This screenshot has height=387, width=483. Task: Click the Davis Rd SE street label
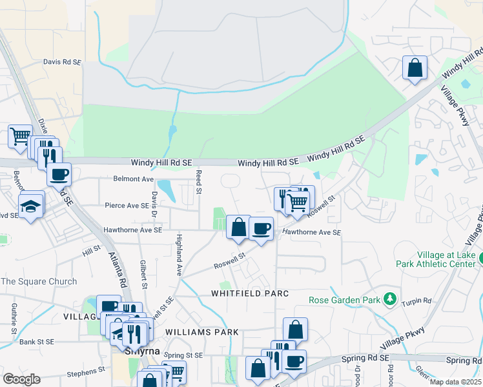(x=62, y=62)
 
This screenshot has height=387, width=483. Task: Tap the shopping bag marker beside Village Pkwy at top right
(x=415, y=68)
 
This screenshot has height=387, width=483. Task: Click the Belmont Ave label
(x=134, y=179)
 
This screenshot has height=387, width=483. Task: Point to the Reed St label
(x=200, y=181)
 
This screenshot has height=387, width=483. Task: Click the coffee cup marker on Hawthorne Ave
(x=261, y=228)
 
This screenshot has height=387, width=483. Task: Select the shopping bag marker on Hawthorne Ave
(x=238, y=227)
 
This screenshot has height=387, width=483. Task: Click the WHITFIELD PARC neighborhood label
(x=249, y=293)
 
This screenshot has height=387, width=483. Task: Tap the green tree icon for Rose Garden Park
(x=389, y=299)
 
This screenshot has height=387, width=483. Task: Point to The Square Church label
(x=39, y=281)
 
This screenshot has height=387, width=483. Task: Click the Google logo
(x=21, y=379)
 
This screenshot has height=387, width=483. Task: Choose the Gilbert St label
(x=143, y=273)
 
